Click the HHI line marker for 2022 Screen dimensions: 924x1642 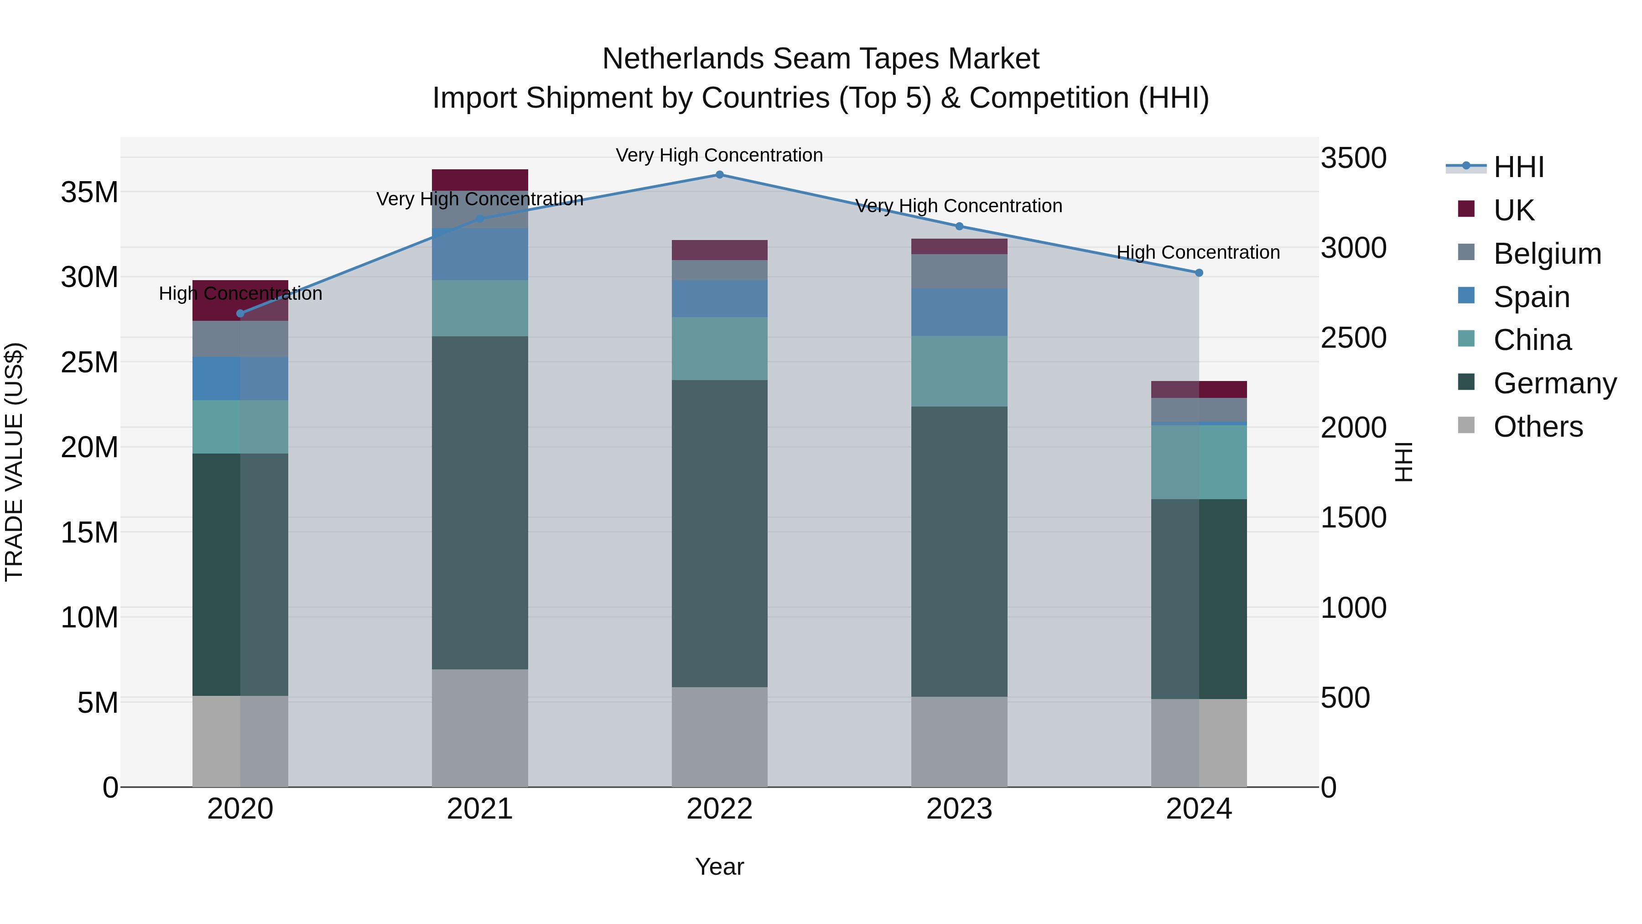point(720,175)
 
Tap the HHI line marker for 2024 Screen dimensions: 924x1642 point(1199,273)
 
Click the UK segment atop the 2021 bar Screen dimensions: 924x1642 point(480,179)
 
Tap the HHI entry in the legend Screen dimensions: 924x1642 point(1518,167)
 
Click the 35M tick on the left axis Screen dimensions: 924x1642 point(89,192)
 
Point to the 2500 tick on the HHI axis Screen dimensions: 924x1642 point(1353,338)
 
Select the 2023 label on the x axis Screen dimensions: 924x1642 point(959,809)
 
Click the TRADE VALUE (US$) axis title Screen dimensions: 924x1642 point(14,462)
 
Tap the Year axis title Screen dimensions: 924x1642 point(720,867)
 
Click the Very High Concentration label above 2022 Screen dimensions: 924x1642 point(720,155)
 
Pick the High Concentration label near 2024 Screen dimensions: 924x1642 point(1198,252)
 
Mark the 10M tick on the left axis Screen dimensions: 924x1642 point(89,617)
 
